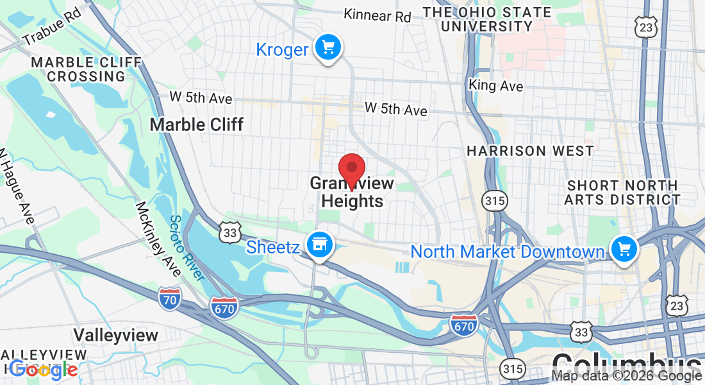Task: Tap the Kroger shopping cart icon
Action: (329, 47)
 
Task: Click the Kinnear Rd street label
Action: (377, 15)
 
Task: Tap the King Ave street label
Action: (495, 85)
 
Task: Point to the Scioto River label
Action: (187, 248)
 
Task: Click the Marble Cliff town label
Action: (196, 124)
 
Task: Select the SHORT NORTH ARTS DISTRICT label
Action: (622, 193)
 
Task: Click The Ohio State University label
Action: (487, 19)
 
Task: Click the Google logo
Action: (44, 369)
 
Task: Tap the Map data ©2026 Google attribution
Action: (626, 377)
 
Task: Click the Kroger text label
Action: (282, 49)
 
